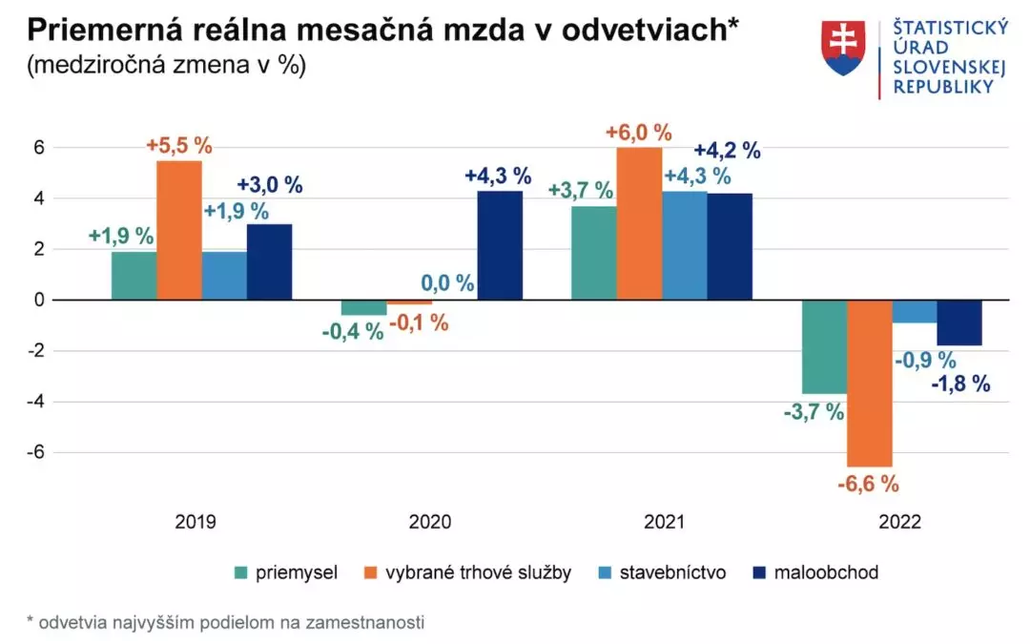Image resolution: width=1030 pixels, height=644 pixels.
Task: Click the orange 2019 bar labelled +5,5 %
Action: point(179,230)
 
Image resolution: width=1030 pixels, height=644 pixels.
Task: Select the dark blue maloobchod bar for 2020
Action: point(500,245)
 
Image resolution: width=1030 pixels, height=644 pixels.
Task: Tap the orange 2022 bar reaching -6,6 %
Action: point(869,383)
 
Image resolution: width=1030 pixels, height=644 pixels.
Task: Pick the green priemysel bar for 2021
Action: point(593,253)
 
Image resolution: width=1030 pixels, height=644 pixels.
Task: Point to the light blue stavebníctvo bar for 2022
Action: point(914,311)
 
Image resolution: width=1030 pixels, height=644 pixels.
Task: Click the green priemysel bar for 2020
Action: point(363,307)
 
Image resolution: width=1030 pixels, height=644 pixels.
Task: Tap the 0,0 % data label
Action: point(447,283)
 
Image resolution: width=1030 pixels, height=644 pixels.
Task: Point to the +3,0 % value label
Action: point(271,185)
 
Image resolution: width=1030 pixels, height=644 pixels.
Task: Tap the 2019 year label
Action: point(196,522)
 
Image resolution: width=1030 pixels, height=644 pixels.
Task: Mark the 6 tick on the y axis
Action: point(40,148)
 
